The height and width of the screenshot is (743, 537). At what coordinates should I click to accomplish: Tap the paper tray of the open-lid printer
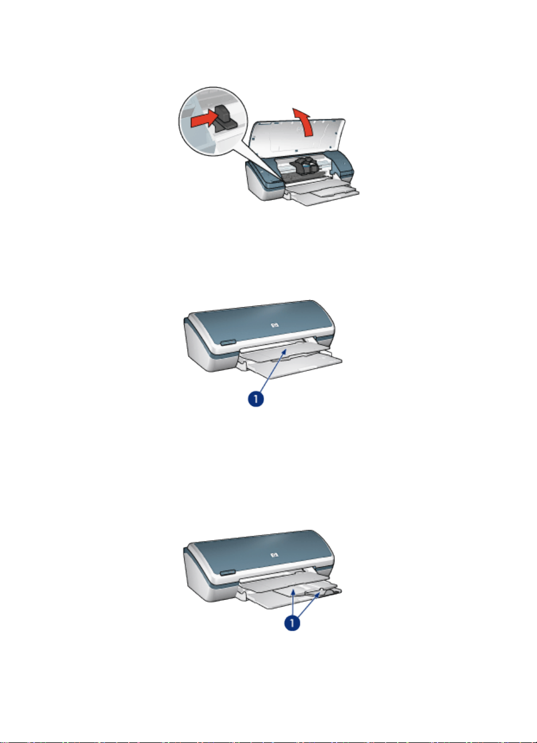tap(322, 194)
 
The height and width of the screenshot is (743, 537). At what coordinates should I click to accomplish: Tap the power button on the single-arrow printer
tap(228, 342)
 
